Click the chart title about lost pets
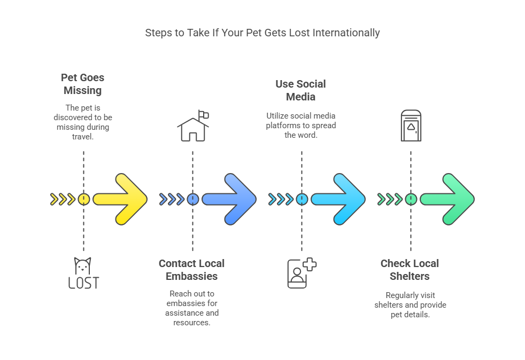tap(262, 33)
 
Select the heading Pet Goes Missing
tap(82, 84)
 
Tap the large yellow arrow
tap(122, 199)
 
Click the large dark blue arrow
tap(231, 199)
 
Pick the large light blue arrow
tap(340, 199)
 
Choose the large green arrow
tap(449, 199)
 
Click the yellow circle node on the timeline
tap(83, 199)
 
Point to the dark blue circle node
tap(192, 199)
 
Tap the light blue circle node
tap(302, 199)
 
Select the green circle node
tap(411, 199)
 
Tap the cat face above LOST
tap(83, 265)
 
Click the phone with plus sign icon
tap(301, 273)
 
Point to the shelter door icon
tap(411, 126)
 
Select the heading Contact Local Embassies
tap(191, 270)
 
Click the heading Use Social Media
tap(300, 90)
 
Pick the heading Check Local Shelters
tap(410, 270)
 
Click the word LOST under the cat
tap(83, 283)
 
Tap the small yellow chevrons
tap(63, 199)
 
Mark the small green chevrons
tap(390, 199)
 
